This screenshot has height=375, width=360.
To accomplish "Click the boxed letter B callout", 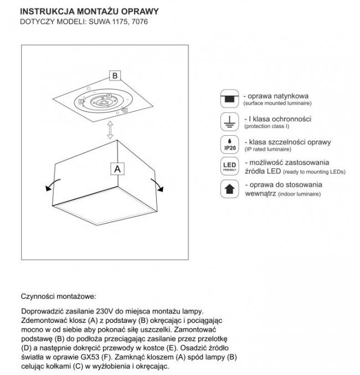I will click(x=114, y=75).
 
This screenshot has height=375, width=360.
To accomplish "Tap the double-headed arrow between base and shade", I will click(x=110, y=130).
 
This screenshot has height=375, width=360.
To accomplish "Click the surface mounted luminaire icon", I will click(x=229, y=98).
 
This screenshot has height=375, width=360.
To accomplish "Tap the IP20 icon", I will click(x=229, y=143).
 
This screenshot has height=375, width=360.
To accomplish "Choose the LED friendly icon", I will click(x=229, y=167).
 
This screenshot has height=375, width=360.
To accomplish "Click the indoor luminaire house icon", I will click(x=229, y=189).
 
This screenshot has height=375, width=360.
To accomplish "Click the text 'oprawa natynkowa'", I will click(x=274, y=95).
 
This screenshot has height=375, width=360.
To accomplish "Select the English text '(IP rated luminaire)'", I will click(x=268, y=150).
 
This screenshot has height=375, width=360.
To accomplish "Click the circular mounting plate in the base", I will click(x=104, y=102).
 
